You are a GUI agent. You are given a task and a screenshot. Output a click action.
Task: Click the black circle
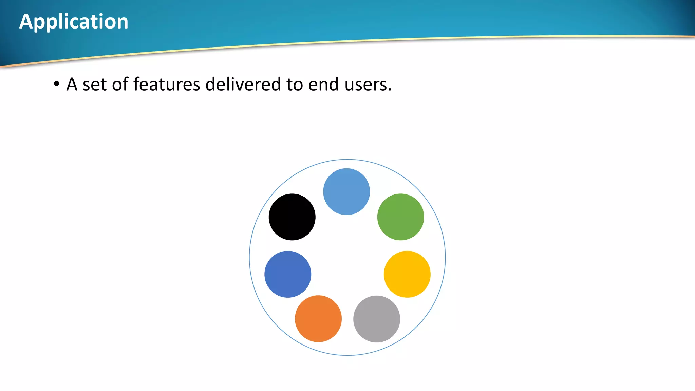pyautogui.click(x=292, y=217)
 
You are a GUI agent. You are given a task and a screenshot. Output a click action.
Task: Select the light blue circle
pyautogui.click(x=346, y=191)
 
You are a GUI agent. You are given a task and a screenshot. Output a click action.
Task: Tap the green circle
pyautogui.click(x=400, y=217)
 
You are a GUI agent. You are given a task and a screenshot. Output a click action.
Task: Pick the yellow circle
pyautogui.click(x=407, y=274)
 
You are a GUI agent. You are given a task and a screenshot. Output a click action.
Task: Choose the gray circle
pyautogui.click(x=376, y=319)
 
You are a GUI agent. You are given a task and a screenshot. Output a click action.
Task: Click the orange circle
pyautogui.click(x=318, y=318)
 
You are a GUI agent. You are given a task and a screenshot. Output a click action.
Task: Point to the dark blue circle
pyautogui.click(x=288, y=274)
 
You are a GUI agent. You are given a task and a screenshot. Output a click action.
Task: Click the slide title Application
pyautogui.click(x=74, y=22)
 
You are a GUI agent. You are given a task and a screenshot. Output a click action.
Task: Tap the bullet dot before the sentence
pyautogui.click(x=57, y=83)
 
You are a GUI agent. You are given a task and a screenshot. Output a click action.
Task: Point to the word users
pyautogui.click(x=366, y=85)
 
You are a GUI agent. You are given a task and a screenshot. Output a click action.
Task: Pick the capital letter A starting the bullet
pyautogui.click(x=72, y=84)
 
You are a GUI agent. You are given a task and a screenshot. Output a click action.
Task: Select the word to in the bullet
pyautogui.click(x=294, y=85)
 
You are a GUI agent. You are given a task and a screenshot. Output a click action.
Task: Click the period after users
pyautogui.click(x=390, y=90)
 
